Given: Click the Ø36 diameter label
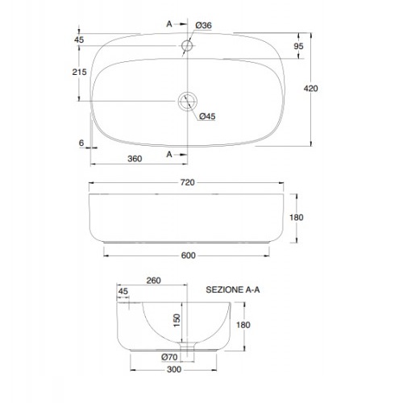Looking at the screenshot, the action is coord(203,25).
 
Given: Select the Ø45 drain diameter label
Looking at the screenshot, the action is coord(207,116).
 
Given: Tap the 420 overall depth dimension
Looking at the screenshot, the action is coord(311,89).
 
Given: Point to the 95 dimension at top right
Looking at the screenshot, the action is coord(298,46).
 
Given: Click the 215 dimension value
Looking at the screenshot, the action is coord(79,72).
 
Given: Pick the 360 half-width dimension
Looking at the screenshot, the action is coord(135,159).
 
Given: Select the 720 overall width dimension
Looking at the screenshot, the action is coord(187,182).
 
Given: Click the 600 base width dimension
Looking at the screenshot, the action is coord(188,256).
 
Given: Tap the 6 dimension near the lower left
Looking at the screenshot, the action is coord(81,143).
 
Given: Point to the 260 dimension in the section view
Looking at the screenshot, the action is coord(154,280).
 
